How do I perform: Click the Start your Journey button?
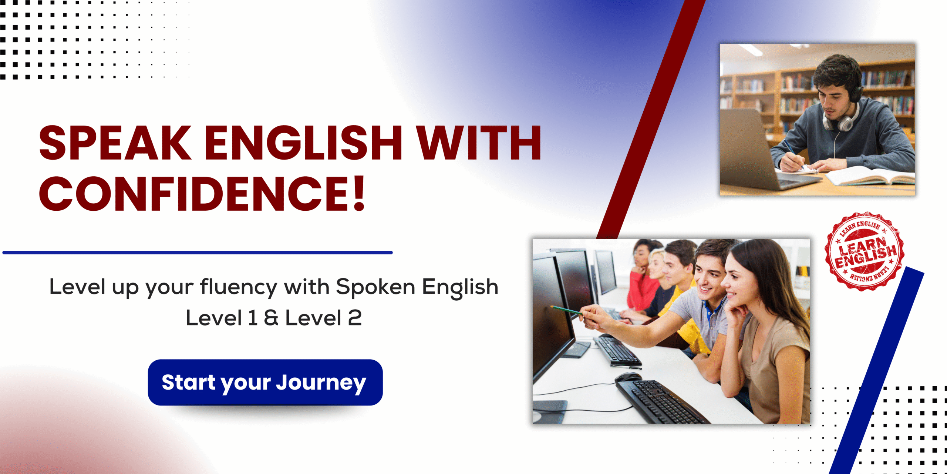click(265, 382)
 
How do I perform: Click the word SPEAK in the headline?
click(115, 143)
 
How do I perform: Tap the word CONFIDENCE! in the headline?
click(202, 193)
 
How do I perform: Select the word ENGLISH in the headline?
click(303, 143)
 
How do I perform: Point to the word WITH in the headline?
click(479, 143)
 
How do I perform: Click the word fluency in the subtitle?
click(239, 287)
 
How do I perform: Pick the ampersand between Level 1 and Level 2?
click(271, 318)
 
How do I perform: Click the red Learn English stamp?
click(865, 251)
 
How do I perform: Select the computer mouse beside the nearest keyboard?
click(628, 377)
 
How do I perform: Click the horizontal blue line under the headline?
click(198, 253)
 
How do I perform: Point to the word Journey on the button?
click(321, 383)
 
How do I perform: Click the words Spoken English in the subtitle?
click(417, 287)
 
